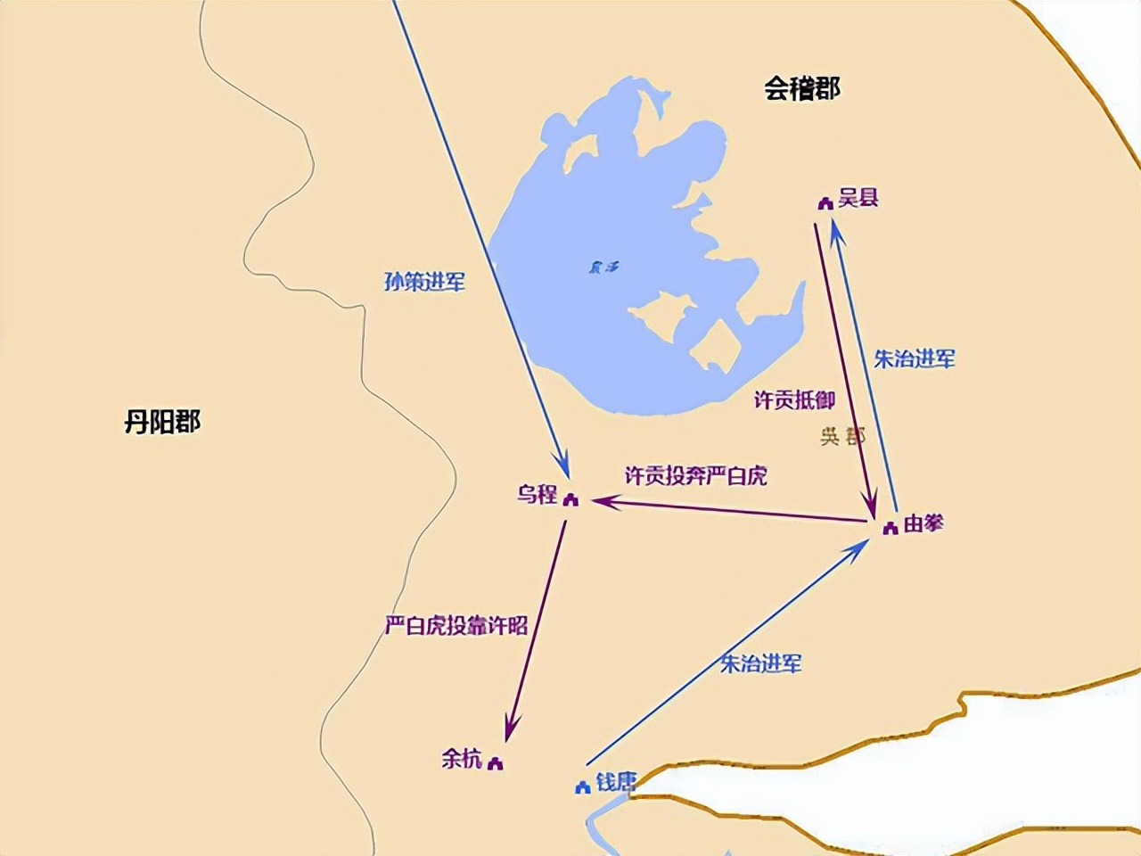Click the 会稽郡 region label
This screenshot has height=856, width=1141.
pos(801,88)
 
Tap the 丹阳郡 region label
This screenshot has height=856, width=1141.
pos(162,421)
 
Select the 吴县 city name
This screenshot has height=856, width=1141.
pos(858,198)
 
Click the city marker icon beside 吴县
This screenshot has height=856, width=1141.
pos(825,203)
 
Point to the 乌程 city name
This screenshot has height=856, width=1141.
pos(537,494)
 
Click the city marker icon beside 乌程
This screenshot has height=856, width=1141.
pos(571,499)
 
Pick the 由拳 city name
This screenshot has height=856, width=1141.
pos(923,523)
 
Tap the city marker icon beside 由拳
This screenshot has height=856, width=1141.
pos(890,529)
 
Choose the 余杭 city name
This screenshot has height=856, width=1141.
pos(462,759)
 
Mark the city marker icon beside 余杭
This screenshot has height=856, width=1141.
pos(496,763)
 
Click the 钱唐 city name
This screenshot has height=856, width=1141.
pos(616,782)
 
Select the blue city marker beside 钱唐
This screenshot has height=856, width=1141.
pos(583,787)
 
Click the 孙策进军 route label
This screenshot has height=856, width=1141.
pos(424,282)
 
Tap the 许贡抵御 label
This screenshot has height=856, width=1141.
pos(794,400)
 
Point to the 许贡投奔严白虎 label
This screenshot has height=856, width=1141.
pos(695,475)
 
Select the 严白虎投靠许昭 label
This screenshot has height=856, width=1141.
pos(456,626)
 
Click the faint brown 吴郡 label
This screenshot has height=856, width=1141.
pos(842,436)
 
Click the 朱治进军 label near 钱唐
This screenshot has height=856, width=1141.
pos(760,663)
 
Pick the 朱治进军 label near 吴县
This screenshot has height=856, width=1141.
pos(914,358)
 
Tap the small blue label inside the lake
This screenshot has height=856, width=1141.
pos(603,267)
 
